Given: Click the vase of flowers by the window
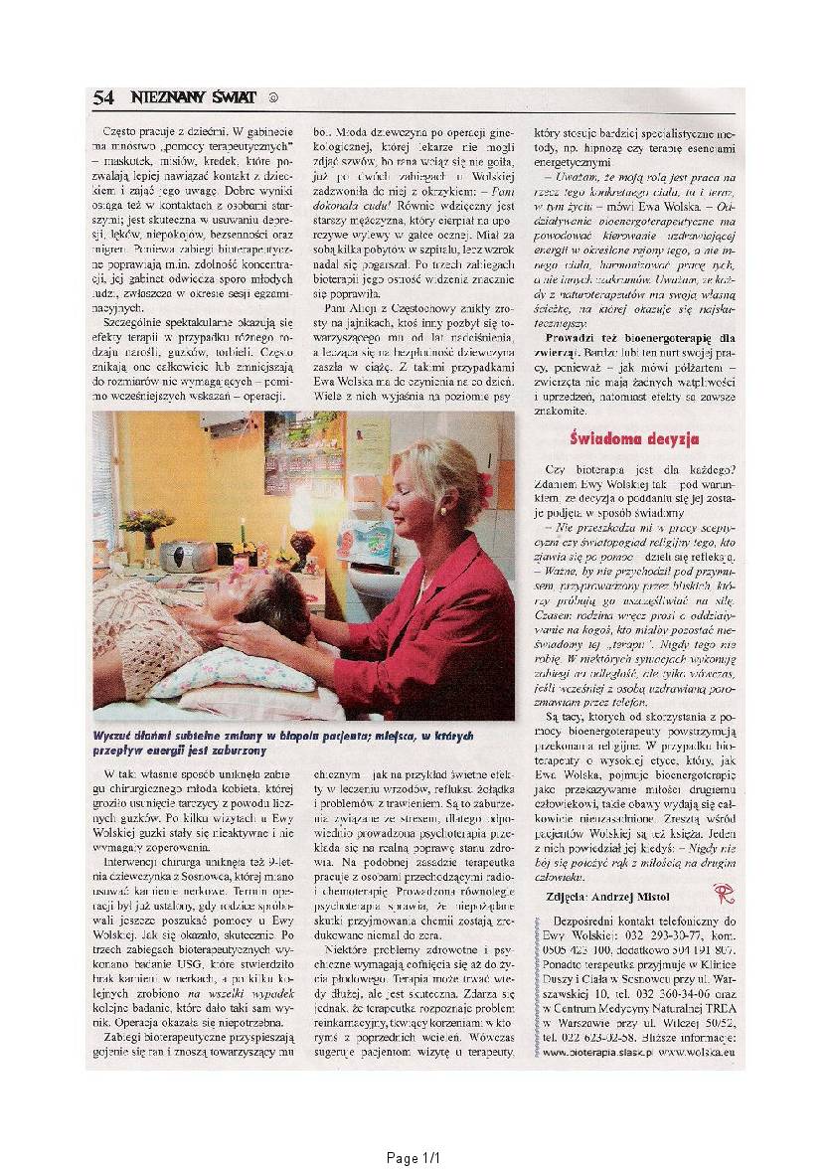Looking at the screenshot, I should [146, 526].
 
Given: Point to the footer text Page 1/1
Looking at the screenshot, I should [413, 1158].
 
